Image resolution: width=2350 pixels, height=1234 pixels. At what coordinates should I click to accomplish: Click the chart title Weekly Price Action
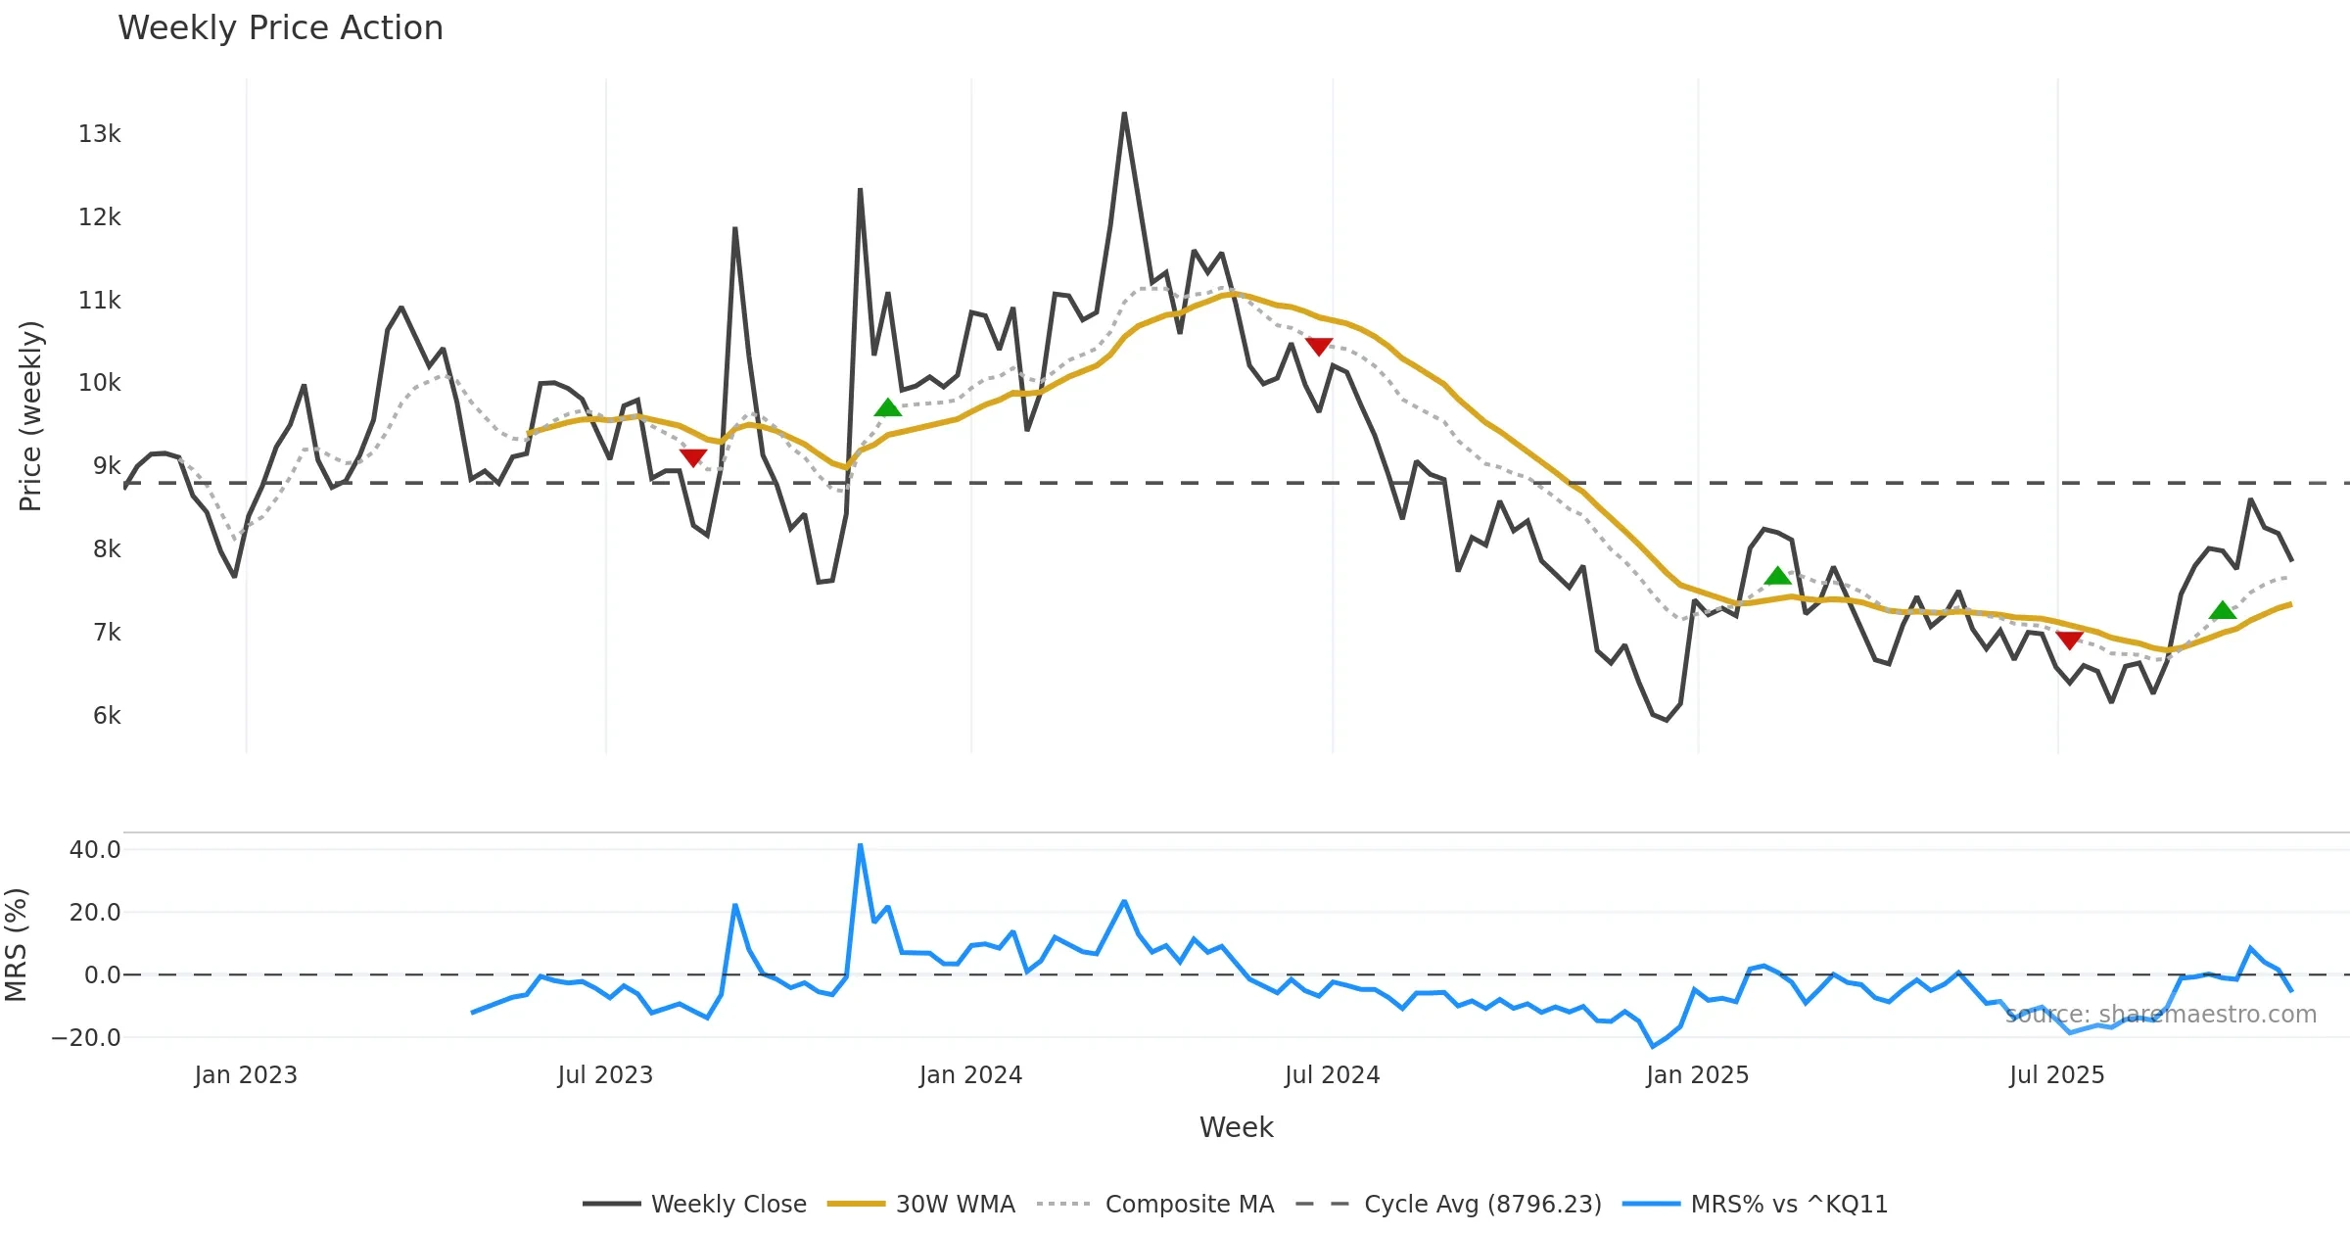point(280,28)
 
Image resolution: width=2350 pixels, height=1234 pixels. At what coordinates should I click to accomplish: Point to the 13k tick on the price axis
point(99,134)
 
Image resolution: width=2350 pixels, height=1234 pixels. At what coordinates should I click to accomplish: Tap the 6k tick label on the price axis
point(107,716)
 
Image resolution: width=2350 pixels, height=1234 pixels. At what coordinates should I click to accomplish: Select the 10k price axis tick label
point(99,383)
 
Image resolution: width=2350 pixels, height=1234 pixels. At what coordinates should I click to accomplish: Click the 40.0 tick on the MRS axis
point(95,850)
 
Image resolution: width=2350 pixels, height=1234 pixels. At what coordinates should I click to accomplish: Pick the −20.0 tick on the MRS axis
point(87,1038)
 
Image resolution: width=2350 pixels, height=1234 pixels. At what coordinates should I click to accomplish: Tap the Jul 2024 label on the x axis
point(1332,1075)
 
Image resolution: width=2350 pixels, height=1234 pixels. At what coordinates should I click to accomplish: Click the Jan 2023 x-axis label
point(246,1075)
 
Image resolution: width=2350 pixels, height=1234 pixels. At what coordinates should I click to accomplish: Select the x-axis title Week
point(1236,1128)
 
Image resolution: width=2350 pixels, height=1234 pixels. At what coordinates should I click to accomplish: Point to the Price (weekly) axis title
point(31,416)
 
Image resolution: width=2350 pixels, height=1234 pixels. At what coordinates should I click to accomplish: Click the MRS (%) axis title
point(17,945)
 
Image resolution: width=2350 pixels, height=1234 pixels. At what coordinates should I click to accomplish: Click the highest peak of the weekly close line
point(1124,115)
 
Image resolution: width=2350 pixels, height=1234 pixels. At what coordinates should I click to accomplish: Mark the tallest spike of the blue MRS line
point(860,845)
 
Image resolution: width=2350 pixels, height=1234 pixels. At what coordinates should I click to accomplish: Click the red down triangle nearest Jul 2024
point(1319,347)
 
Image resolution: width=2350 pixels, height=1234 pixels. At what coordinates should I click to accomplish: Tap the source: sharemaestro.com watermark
point(2161,1015)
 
